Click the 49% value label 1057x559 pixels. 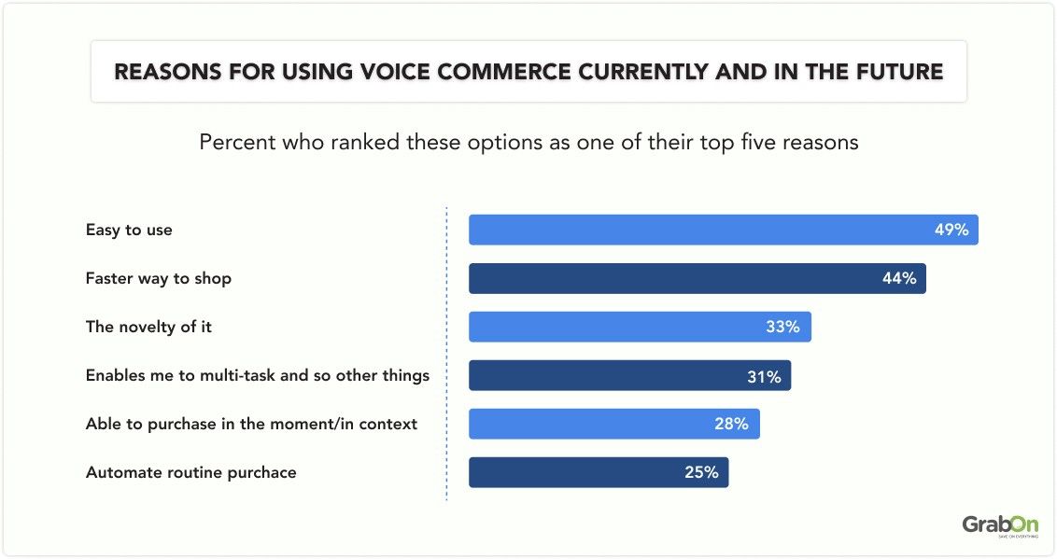click(x=951, y=230)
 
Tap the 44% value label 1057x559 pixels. click(x=899, y=278)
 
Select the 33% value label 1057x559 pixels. click(x=783, y=327)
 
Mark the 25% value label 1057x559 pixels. click(x=701, y=472)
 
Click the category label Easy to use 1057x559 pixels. click(x=129, y=230)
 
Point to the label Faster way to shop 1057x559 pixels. click(x=159, y=278)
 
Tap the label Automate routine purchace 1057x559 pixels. click(x=190, y=472)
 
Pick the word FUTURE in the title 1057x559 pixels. click(x=896, y=72)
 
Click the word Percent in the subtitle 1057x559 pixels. click(x=231, y=143)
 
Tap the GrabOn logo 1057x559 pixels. click(x=999, y=525)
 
